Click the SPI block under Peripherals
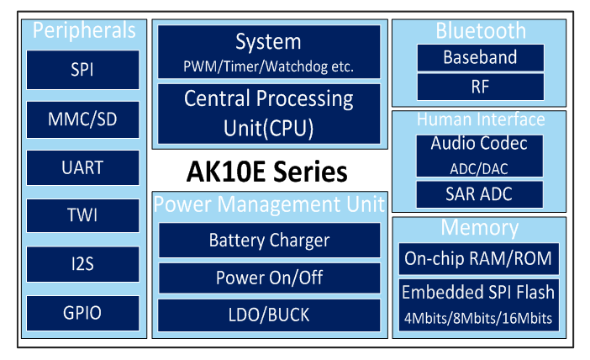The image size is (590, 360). (x=82, y=70)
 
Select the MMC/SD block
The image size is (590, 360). (x=82, y=119)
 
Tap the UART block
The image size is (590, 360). (x=82, y=167)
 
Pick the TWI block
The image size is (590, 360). (x=82, y=215)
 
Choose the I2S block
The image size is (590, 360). (x=82, y=264)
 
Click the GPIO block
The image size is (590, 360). (x=82, y=313)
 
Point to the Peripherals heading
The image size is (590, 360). (x=84, y=30)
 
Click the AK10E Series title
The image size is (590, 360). (x=266, y=172)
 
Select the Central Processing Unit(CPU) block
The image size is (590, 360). (x=269, y=114)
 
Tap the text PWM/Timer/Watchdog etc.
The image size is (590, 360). (x=268, y=66)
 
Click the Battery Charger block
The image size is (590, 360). (x=270, y=241)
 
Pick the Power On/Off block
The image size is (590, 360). (x=270, y=278)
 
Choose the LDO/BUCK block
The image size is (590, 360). (x=269, y=315)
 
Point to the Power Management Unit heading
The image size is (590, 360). (x=269, y=204)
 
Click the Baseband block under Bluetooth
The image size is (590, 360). (x=481, y=57)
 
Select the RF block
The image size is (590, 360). (x=481, y=87)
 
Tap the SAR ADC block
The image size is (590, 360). (x=479, y=194)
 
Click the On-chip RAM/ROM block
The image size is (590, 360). (x=478, y=259)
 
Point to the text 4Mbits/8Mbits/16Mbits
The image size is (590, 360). (x=478, y=319)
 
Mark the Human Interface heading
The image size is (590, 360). (x=481, y=119)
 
